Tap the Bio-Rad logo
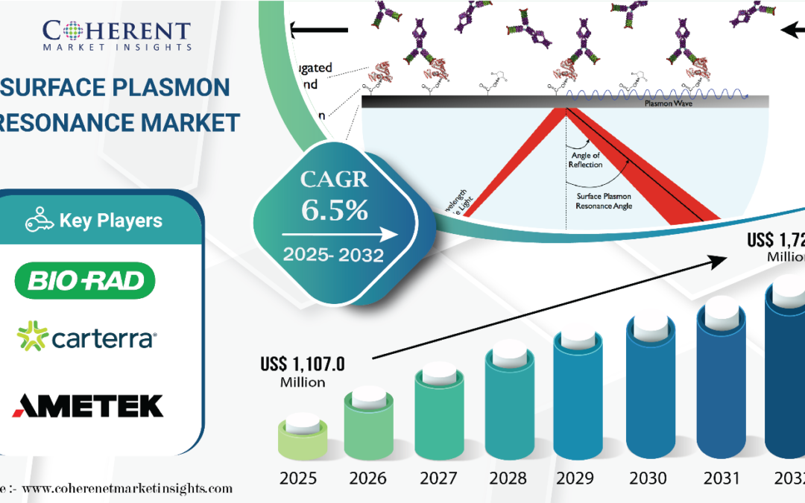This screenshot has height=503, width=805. click(x=85, y=280)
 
